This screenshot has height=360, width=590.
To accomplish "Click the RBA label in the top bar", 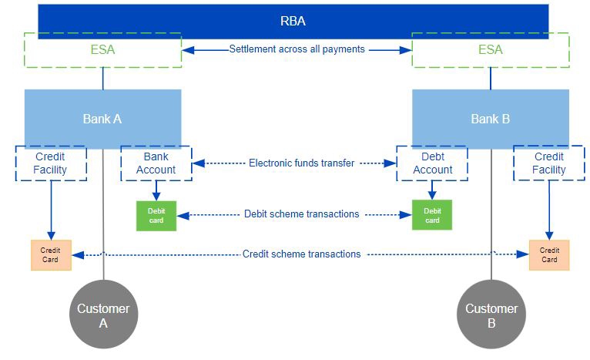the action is click(293, 21).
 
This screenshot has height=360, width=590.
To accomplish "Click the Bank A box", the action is click(102, 119).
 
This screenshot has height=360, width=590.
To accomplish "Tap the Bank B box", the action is click(491, 119).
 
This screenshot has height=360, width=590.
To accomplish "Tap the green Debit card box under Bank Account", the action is click(156, 216).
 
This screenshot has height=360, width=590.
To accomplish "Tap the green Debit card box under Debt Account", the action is click(432, 215).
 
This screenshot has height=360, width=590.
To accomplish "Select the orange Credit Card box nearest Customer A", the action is click(51, 255).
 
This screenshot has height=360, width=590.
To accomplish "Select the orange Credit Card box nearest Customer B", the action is click(549, 255).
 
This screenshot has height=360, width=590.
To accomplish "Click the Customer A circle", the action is click(103, 314).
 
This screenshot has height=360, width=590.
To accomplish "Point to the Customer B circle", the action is click(491, 314).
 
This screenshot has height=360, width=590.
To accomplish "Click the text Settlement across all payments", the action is click(297, 49).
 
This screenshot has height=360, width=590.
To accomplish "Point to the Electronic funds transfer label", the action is click(301, 163).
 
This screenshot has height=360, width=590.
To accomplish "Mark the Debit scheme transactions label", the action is click(301, 214).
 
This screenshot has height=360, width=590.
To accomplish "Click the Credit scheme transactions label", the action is click(301, 254).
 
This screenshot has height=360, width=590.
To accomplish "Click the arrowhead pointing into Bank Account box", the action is click(198, 163).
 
